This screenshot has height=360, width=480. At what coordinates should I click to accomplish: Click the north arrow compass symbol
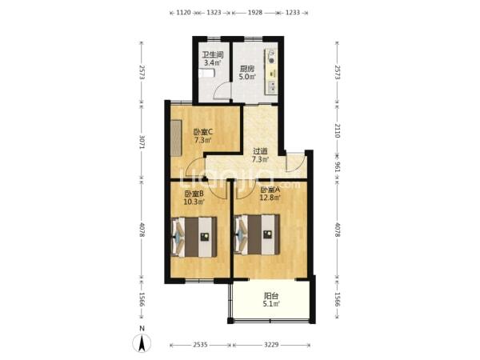[142, 343]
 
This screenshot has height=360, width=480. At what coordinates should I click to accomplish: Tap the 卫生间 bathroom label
[213, 55]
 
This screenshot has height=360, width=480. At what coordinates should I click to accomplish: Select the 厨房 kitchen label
[246, 69]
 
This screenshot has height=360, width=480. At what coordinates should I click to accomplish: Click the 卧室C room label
[203, 132]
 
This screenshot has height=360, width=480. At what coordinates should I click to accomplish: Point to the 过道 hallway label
[260, 151]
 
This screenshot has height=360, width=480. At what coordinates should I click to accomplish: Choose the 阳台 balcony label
[271, 296]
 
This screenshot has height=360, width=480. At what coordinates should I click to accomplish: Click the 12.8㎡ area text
[270, 198]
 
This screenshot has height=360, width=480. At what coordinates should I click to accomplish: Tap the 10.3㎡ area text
[194, 202]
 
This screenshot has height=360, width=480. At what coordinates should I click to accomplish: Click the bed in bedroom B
[194, 237]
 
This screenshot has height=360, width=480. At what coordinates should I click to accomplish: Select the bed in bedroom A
[257, 234]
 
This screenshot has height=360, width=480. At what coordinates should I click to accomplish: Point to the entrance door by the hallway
[294, 163]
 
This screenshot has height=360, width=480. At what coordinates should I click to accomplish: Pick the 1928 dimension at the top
[254, 13]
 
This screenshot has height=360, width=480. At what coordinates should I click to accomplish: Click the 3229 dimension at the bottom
[271, 345]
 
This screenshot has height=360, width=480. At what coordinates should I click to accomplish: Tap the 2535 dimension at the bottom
[201, 345]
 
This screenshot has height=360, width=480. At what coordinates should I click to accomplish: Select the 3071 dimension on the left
[142, 142]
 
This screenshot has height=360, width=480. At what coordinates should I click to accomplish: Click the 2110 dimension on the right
[337, 130]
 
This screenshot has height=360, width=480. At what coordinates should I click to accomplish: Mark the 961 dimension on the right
[337, 166]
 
